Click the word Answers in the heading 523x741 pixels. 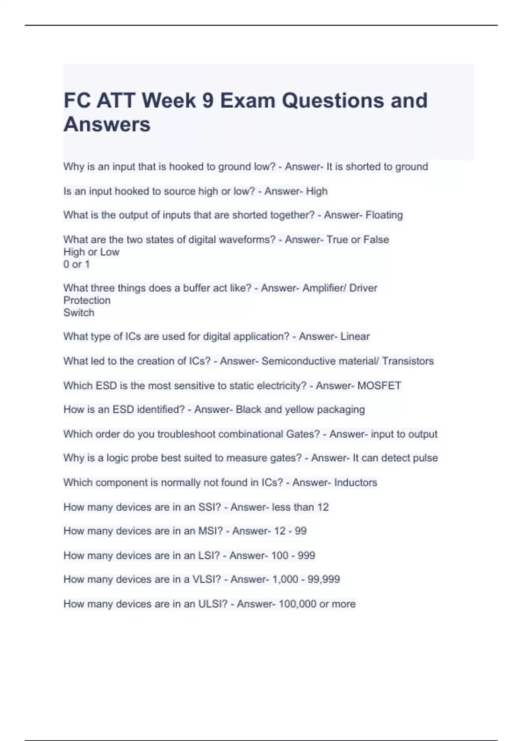click(107, 124)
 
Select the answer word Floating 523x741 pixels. click(384, 215)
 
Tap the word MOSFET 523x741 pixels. click(379, 385)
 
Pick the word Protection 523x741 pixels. click(87, 300)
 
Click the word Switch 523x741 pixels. click(79, 313)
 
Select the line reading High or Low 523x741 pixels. click(91, 252)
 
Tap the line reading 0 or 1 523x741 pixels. click(77, 264)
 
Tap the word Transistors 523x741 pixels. click(408, 361)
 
